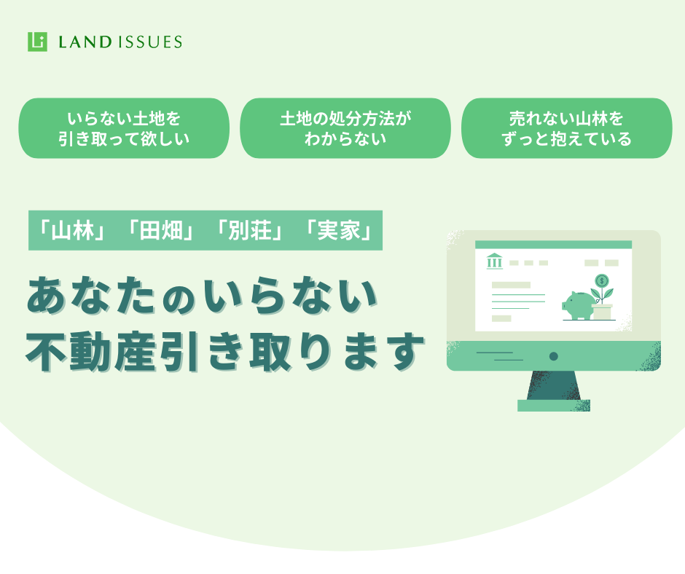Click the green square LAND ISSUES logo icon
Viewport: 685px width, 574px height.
tap(37, 42)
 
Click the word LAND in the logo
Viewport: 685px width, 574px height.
tap(85, 42)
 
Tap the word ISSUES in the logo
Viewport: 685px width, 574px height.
tap(149, 42)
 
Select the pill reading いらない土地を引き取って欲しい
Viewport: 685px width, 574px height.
tap(124, 128)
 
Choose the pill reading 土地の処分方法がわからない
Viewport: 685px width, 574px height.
tap(345, 128)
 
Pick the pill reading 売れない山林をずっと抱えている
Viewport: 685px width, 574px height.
tap(567, 128)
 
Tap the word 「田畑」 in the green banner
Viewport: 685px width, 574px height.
tap(160, 230)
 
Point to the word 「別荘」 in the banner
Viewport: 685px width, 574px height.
tap(249, 230)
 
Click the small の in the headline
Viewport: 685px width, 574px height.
tap(179, 301)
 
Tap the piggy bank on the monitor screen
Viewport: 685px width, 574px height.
tap(579, 305)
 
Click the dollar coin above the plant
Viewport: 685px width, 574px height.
tap(602, 280)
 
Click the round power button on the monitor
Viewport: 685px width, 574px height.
tap(554, 356)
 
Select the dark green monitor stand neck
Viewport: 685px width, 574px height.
tap(554, 385)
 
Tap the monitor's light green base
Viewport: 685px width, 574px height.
tap(554, 406)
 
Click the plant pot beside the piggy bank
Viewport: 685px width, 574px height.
tap(603, 312)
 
